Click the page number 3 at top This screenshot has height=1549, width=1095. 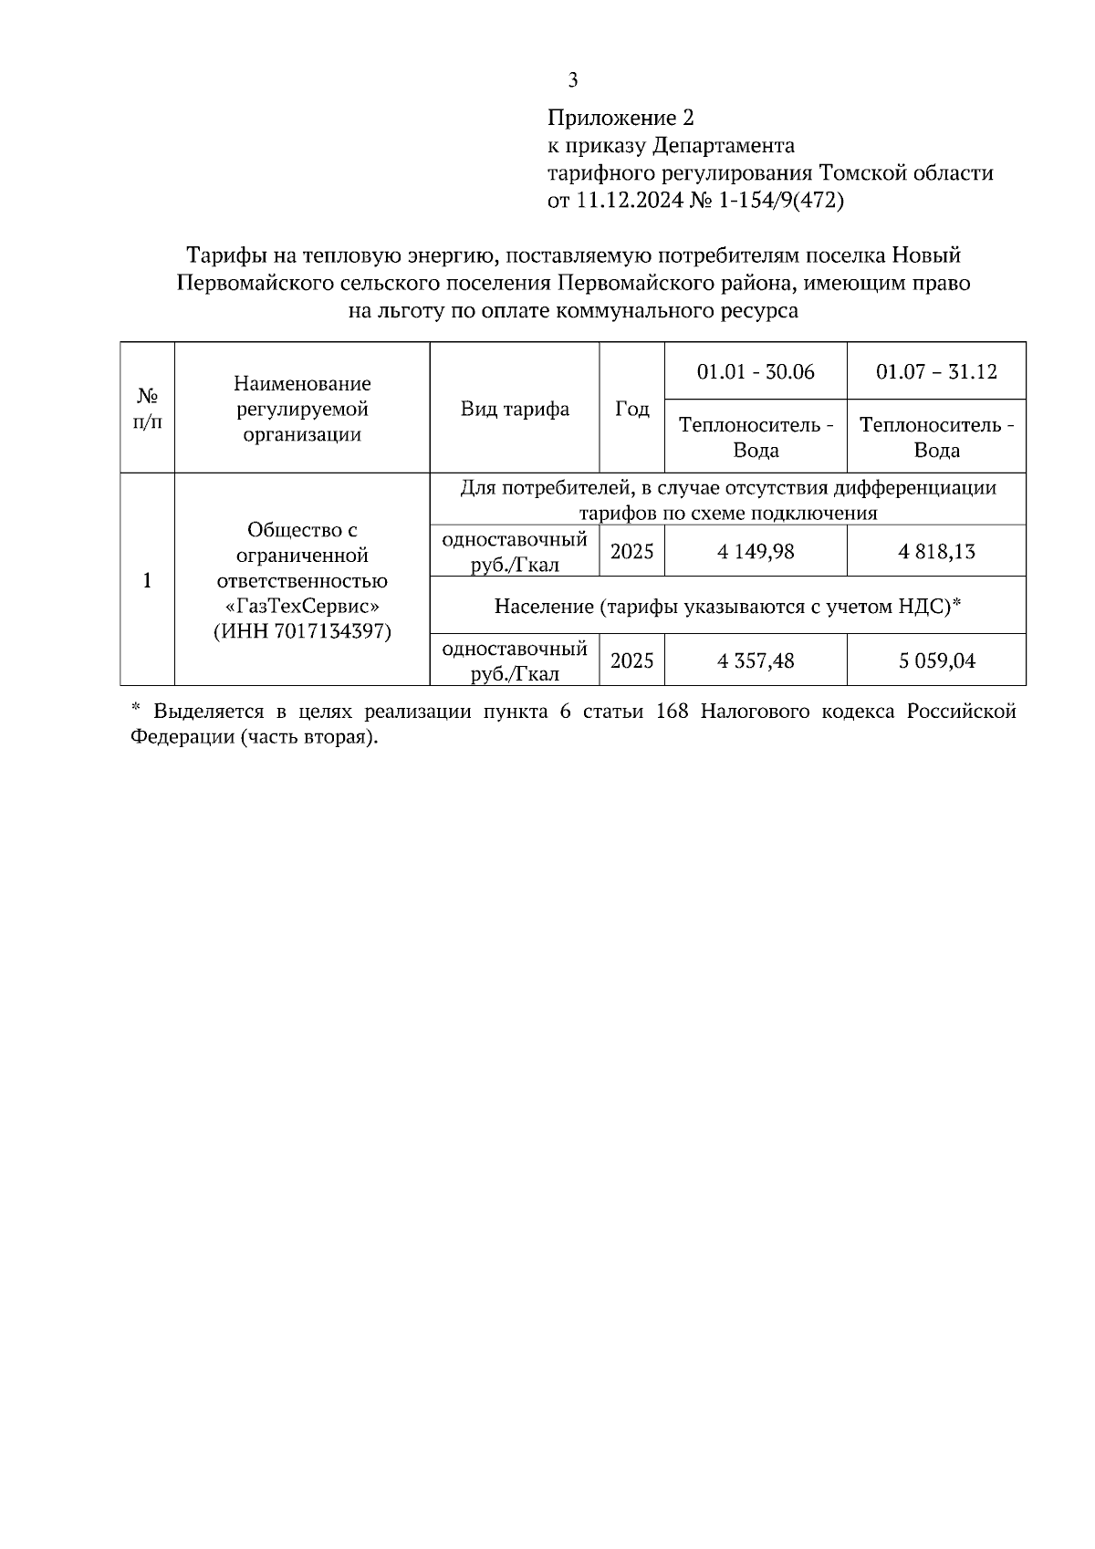(572, 80)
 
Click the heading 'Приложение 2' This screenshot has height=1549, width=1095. (620, 118)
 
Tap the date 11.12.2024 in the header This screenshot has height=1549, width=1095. (629, 201)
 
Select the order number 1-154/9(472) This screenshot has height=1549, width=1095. (782, 201)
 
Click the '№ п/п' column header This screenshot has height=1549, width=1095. (147, 409)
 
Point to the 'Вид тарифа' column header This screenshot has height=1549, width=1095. (515, 409)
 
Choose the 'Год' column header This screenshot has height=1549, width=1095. (631, 409)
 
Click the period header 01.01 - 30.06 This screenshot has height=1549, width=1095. (756, 371)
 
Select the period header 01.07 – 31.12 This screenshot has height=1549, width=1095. (936, 371)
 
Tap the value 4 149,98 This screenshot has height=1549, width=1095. (756, 552)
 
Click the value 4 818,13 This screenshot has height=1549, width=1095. (936, 552)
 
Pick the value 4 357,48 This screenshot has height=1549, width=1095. (756, 660)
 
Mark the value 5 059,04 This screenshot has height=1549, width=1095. (936, 660)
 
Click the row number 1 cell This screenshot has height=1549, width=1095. (147, 580)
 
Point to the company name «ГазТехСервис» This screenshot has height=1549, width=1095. (302, 606)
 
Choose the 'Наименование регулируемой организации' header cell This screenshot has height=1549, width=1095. (302, 409)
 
